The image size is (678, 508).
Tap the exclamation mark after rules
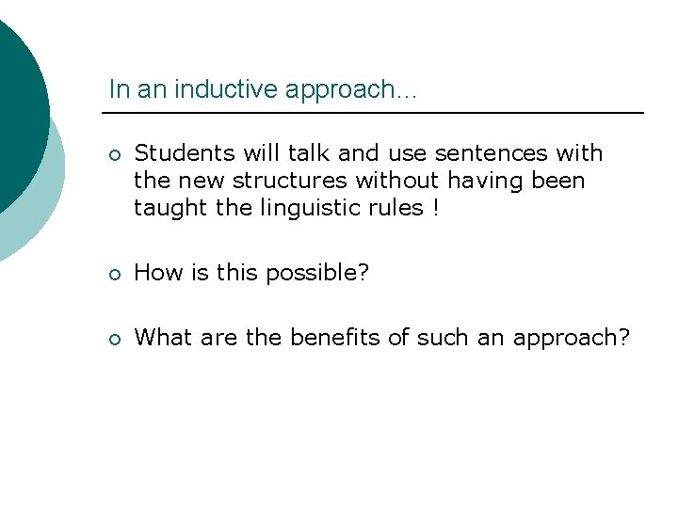435,208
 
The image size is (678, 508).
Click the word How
154,274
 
